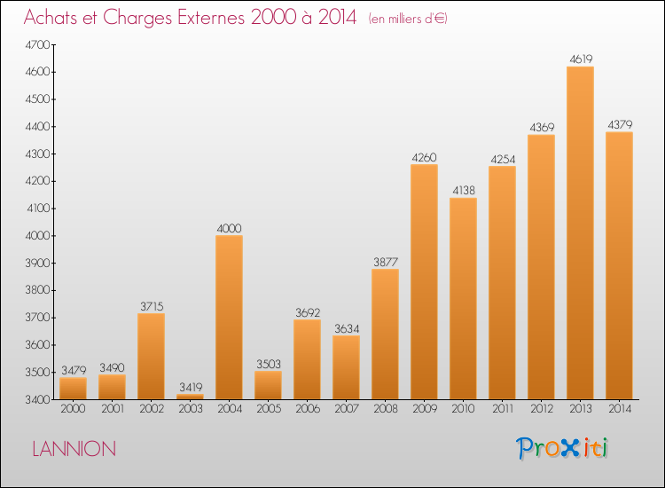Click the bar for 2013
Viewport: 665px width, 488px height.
(580, 233)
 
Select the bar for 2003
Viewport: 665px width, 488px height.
(190, 397)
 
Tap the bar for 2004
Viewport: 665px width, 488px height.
(229, 318)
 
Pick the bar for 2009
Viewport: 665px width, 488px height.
(424, 282)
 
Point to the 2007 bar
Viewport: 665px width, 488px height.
(346, 367)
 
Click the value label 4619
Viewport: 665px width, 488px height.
(581, 59)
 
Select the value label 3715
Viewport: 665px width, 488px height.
(152, 306)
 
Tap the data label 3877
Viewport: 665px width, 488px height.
(386, 262)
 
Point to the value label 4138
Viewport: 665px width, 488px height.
(464, 190)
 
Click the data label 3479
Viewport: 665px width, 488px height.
(74, 370)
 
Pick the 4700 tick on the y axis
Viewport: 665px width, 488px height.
(38, 45)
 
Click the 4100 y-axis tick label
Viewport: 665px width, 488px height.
(38, 209)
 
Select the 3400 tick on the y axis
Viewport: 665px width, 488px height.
(38, 400)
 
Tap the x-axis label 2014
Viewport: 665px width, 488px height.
(620, 409)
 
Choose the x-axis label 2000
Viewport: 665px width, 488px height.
(73, 409)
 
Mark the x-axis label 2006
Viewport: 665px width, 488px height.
(308, 409)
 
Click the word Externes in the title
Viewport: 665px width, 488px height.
(211, 18)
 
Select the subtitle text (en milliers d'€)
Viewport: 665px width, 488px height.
(408, 19)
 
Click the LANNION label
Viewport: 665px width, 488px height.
(74, 449)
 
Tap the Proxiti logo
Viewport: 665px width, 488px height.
(562, 448)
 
